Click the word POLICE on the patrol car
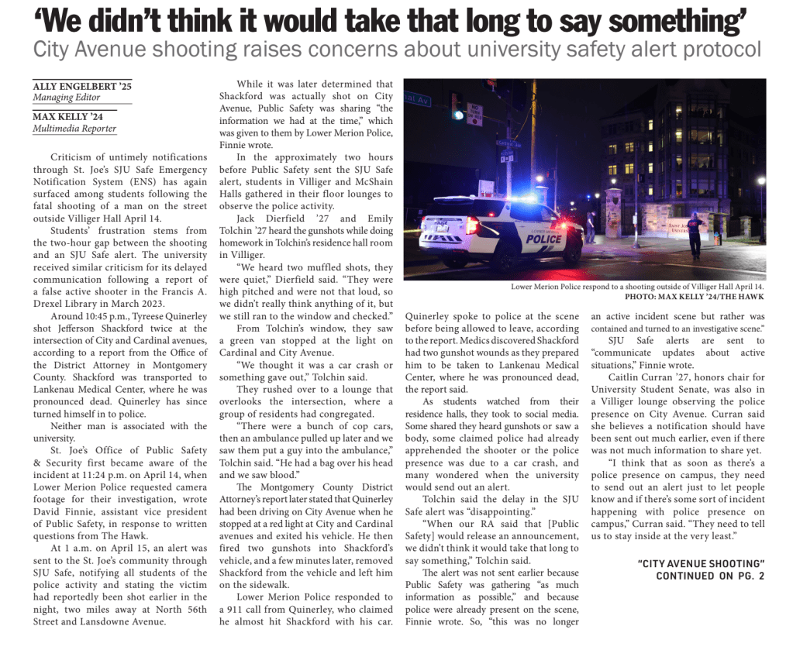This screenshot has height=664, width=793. point(543,239)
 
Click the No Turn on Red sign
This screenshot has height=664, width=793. point(474,114)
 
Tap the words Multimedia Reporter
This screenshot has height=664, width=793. point(74,129)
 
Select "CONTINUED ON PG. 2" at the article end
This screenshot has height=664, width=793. point(710,576)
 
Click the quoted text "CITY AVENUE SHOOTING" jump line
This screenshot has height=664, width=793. point(701,563)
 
